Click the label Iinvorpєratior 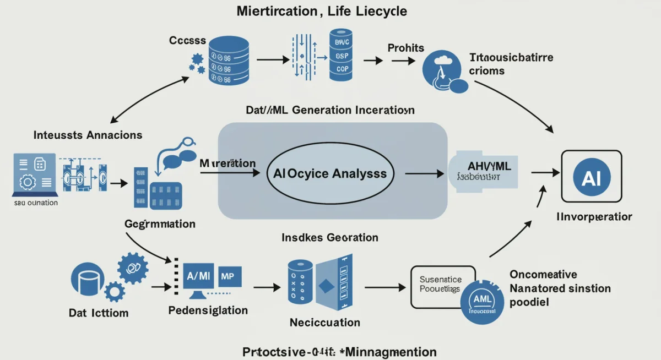tap(594, 217)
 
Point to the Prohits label tap(405, 48)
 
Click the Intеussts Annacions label tap(88, 135)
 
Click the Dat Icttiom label tap(99, 313)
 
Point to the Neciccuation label tap(325, 323)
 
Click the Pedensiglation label tap(208, 310)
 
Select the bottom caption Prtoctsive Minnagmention tap(339, 352)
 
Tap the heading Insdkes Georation tap(329, 238)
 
